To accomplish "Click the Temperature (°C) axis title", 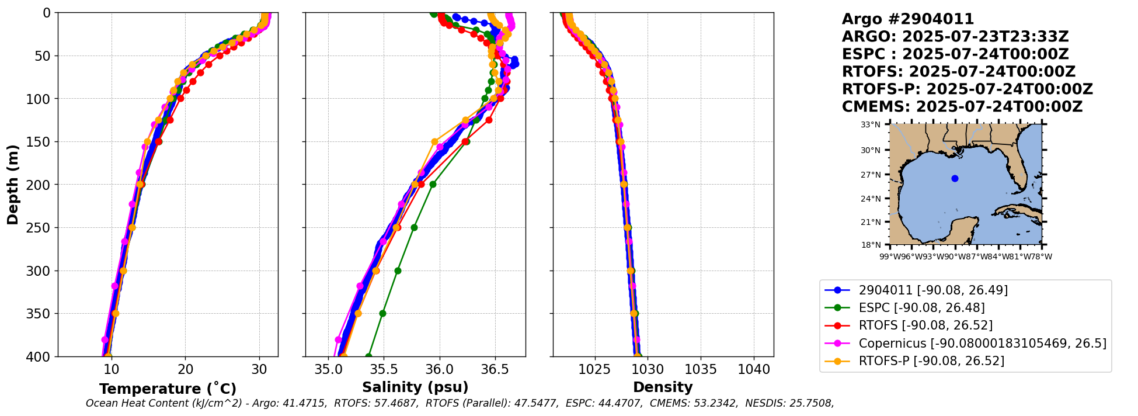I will tap(168, 389).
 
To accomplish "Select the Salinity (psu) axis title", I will tap(415, 387).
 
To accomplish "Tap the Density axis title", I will tap(663, 387).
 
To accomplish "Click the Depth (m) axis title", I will tap(13, 185).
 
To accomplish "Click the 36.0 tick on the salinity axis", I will tap(439, 369).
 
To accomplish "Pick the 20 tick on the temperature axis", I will tap(185, 369).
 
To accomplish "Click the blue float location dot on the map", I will tap(955, 178).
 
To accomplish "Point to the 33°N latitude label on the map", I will tap(870, 124).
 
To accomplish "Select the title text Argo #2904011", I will tap(907, 19).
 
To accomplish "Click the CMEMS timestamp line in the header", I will tap(962, 107).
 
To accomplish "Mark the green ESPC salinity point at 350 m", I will tap(382, 313).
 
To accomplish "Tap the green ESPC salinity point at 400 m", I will tap(368, 356).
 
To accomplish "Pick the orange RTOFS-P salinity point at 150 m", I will tap(434, 141).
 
